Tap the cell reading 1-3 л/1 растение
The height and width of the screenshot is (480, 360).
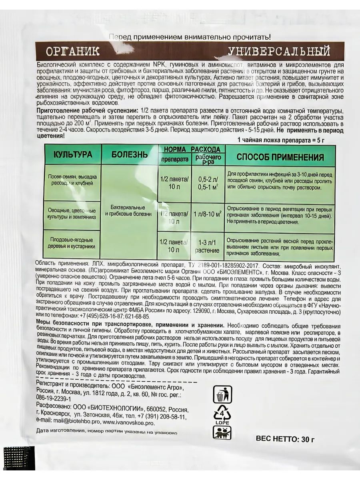pos(207,246)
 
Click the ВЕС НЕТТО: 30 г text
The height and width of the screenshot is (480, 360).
pos(285,439)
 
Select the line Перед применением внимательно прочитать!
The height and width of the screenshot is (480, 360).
pos(190,37)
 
